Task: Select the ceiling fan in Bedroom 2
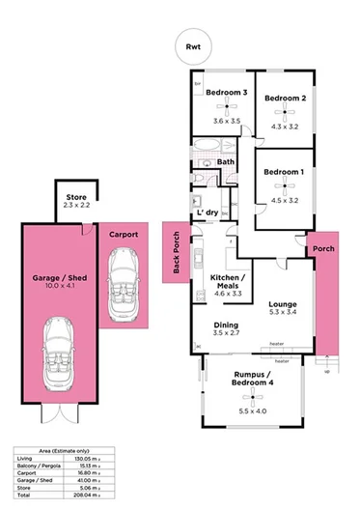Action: pos(285,113)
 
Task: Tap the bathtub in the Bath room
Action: pos(207,150)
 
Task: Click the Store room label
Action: pos(74,198)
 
